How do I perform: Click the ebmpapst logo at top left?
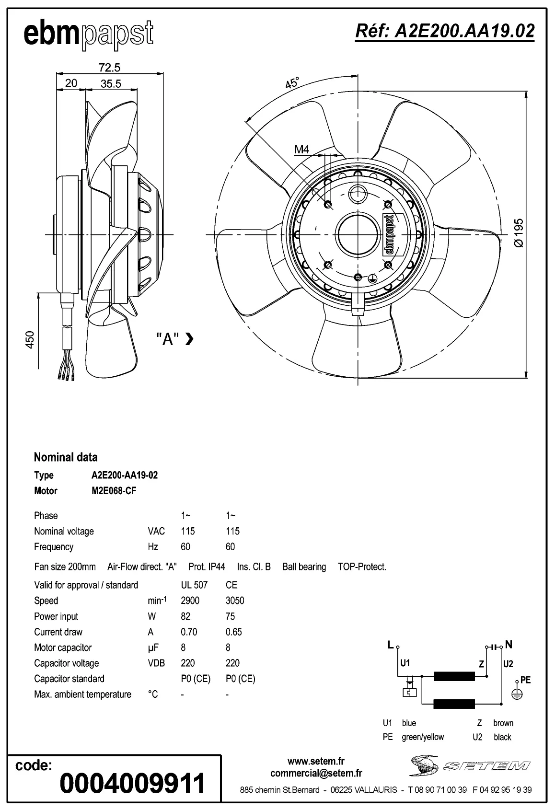coord(89,35)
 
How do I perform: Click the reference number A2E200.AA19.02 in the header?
coord(444,31)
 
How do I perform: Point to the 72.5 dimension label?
coord(109,68)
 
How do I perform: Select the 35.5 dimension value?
coord(111,83)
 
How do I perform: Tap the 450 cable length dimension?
coord(30,339)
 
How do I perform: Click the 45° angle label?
coord(292,82)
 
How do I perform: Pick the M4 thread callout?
coord(301,150)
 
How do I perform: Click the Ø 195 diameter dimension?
coord(519,233)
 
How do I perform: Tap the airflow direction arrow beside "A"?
coord(189,339)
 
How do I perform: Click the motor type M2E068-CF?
coord(114,491)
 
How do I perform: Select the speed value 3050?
coord(235,601)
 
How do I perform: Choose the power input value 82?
coord(185,616)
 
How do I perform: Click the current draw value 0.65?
coord(233,632)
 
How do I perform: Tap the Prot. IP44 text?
coord(207,567)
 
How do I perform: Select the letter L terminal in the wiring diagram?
coord(391,645)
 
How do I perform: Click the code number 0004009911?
coord(132,783)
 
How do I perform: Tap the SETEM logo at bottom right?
coord(469,765)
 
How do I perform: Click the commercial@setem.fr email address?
coord(316,773)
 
